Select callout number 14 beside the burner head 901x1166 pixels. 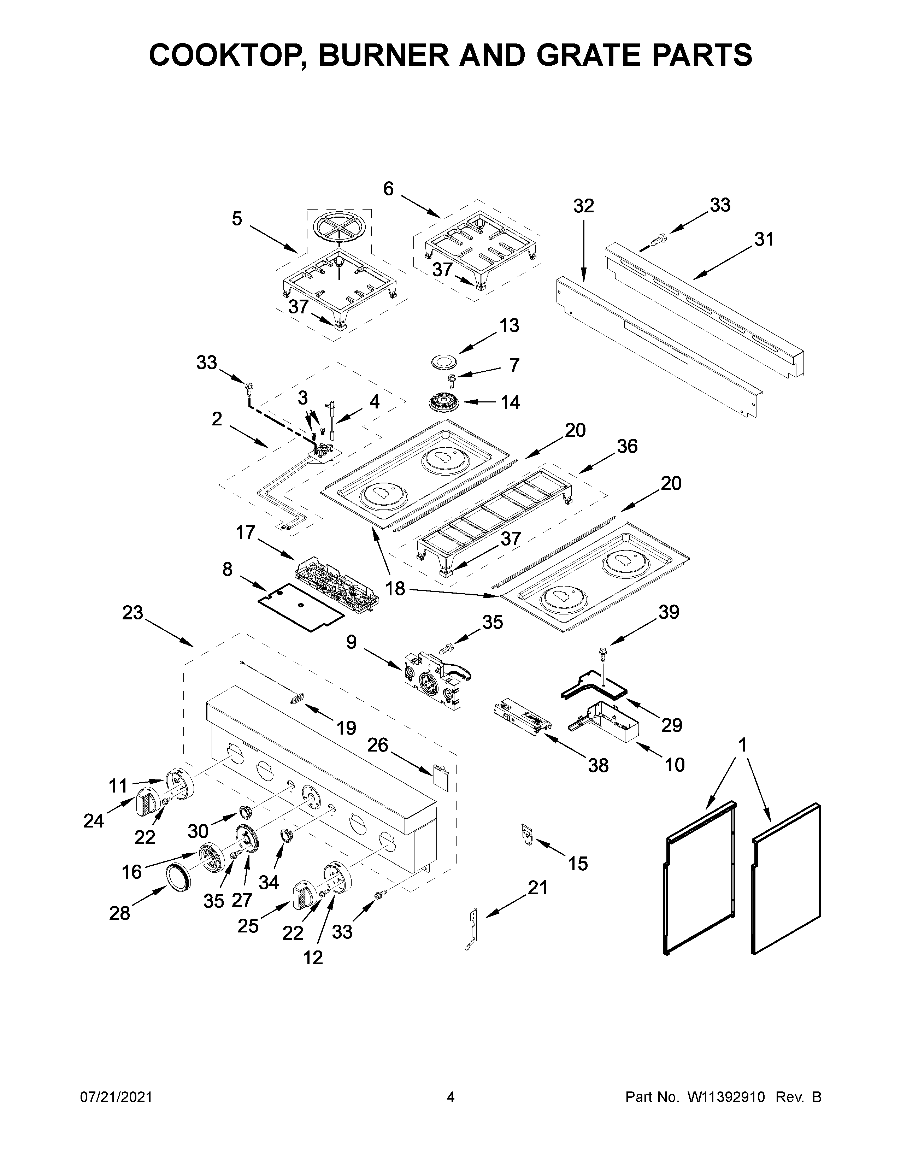510,402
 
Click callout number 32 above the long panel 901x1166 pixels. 583,206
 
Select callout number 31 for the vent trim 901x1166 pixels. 764,239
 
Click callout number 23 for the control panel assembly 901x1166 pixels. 132,613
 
